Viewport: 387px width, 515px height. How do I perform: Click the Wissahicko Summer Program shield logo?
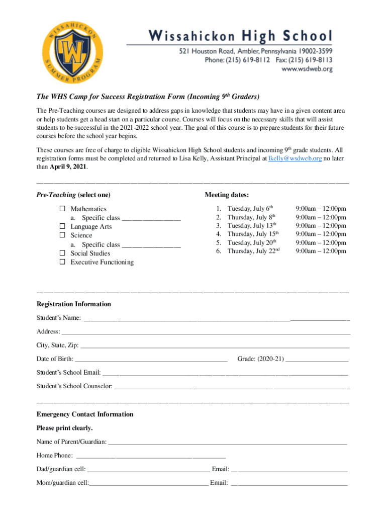pyautogui.click(x=72, y=56)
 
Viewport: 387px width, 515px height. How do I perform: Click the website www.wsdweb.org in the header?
pyautogui.click(x=307, y=70)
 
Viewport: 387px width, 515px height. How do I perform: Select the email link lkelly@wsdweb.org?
pyautogui.click(x=295, y=158)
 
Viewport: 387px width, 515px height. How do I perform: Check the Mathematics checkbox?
pyautogui.click(x=63, y=208)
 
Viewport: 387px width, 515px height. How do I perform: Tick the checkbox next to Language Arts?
pyautogui.click(x=63, y=226)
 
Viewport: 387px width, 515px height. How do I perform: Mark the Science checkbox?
pyautogui.click(x=63, y=235)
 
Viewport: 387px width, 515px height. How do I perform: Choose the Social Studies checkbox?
pyautogui.click(x=63, y=253)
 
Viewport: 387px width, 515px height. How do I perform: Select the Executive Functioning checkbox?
pyautogui.click(x=63, y=262)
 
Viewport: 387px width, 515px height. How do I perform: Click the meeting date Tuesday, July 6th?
pyautogui.click(x=250, y=208)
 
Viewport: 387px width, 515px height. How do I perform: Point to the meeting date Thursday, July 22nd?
pyautogui.click(x=253, y=251)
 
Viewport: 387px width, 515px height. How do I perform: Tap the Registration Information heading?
pyautogui.click(x=74, y=304)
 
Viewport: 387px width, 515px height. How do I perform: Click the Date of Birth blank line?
pyautogui.click(x=151, y=359)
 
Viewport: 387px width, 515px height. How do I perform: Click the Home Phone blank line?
pyautogui.click(x=150, y=456)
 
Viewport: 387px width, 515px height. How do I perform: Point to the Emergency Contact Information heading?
pyautogui.click(x=85, y=414)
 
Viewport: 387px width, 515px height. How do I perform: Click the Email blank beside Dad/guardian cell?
pyautogui.click(x=289, y=469)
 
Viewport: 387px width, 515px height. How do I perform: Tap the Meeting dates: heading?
pyautogui.click(x=227, y=195)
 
